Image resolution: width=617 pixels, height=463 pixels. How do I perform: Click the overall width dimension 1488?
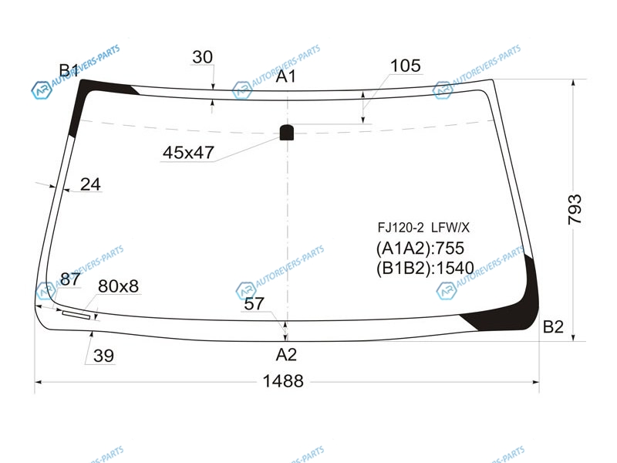click(x=283, y=381)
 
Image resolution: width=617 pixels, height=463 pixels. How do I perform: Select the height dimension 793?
click(x=575, y=209)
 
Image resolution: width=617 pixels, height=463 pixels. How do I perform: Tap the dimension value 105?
click(x=406, y=66)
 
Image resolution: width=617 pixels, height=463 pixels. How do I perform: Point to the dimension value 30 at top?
click(x=203, y=57)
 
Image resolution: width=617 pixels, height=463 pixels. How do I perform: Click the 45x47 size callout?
click(x=188, y=153)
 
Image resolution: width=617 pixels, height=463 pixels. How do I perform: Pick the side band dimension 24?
click(x=90, y=184)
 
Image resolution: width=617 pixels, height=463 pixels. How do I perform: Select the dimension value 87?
click(x=70, y=279)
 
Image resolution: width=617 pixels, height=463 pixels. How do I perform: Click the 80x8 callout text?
click(x=119, y=286)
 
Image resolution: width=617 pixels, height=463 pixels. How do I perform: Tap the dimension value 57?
click(x=255, y=304)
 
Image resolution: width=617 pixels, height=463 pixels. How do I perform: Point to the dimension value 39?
click(x=103, y=356)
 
